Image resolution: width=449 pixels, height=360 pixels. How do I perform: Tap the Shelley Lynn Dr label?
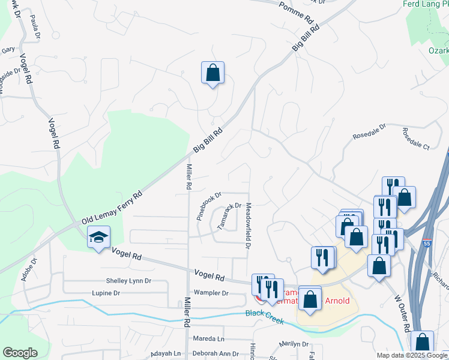click(x=128, y=281)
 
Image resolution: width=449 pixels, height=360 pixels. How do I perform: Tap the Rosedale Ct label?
click(x=416, y=139)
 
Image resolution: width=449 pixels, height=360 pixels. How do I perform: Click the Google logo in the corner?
click(x=20, y=353)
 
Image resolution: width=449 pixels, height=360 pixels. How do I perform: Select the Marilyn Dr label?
click(x=294, y=344)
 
